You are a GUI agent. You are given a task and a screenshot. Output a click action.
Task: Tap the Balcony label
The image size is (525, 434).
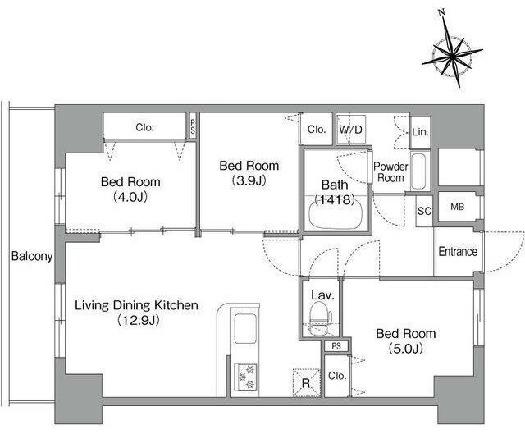point(32,256)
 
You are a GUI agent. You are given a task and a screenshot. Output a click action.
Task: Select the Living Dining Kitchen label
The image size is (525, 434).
point(136,305)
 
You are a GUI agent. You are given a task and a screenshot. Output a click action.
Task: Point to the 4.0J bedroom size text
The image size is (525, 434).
point(130,197)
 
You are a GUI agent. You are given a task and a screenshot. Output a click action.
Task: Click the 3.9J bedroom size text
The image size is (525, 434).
point(249,180)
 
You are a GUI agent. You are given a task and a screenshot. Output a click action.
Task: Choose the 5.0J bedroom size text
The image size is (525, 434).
point(406,349)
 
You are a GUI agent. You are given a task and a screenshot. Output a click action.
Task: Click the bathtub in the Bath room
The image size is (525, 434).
point(336,214)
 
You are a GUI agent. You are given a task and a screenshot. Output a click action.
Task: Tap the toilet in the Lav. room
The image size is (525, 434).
point(320,318)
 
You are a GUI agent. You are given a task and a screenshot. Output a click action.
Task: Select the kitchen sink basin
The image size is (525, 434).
point(245,328)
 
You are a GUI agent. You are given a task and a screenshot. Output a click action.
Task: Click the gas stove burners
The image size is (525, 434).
point(245,377)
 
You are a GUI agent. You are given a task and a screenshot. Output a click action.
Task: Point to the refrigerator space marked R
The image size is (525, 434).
point(306,383)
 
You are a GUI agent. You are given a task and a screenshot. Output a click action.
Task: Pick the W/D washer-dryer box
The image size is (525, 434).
point(350,130)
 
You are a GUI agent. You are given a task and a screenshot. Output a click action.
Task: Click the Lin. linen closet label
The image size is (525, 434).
point(421,132)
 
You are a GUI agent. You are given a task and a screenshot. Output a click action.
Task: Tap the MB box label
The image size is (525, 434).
point(458,207)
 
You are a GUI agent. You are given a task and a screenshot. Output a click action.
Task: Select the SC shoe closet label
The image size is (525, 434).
point(425,211)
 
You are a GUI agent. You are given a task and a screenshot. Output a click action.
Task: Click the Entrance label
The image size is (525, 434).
point(458,252)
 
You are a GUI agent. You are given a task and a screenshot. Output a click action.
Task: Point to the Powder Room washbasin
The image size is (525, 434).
point(418,171)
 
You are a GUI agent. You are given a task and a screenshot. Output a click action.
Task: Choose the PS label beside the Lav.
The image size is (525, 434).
point(336,346)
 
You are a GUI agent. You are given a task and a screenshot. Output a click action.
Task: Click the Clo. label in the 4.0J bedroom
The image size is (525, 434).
point(144,127)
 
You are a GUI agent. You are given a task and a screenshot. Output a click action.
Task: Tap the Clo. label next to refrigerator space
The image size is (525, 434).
point(337,376)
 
